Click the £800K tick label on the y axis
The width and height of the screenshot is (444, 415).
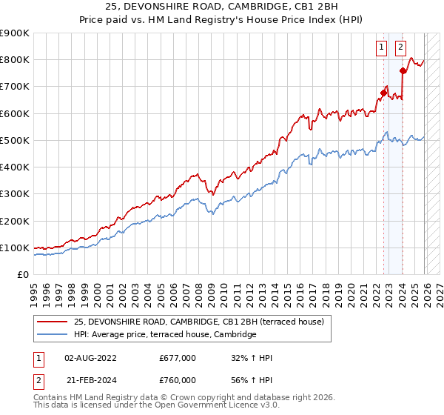(x=15, y=60)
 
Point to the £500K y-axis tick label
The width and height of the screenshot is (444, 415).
(x=15, y=140)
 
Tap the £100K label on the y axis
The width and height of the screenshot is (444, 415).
(x=15, y=248)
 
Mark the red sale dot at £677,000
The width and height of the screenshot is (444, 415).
(x=383, y=93)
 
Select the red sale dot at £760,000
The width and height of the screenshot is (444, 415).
(x=403, y=71)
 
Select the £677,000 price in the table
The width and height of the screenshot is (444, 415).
(x=178, y=358)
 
